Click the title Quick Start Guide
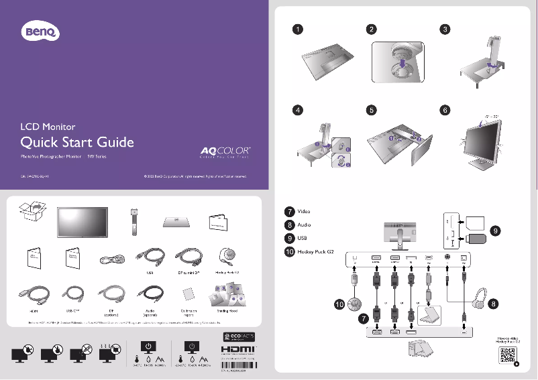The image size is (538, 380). pyautogui.click(x=78, y=142)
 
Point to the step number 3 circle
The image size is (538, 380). pyautogui.click(x=443, y=29)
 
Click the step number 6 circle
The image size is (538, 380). pyautogui.click(x=443, y=110)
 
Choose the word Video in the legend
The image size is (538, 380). pyautogui.click(x=304, y=212)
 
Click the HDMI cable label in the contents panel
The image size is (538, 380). pyautogui.click(x=34, y=311)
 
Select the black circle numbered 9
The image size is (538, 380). pyautogui.click(x=495, y=230)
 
